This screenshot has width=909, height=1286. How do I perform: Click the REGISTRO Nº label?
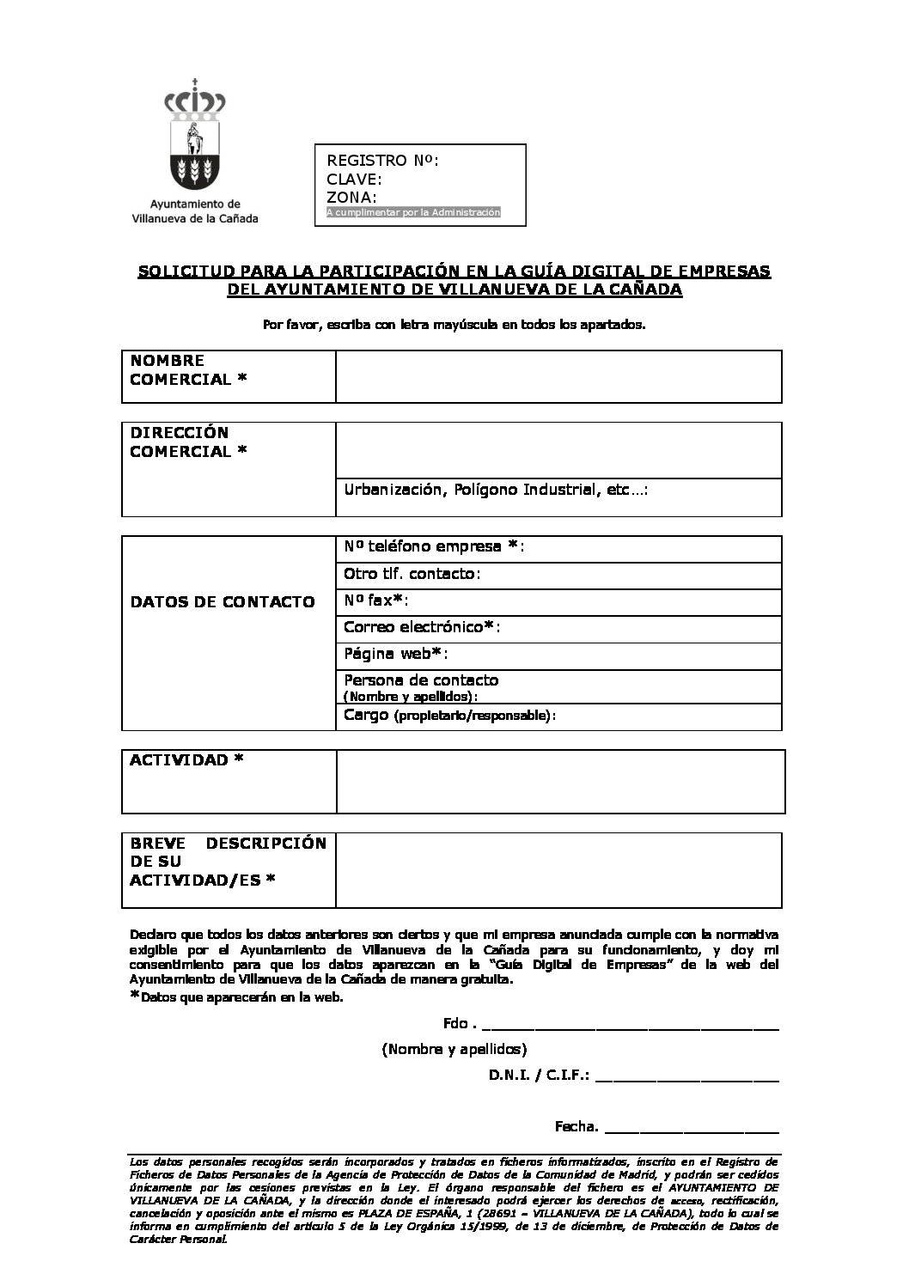pyautogui.click(x=382, y=161)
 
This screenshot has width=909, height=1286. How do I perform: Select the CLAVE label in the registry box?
pyautogui.click(x=355, y=180)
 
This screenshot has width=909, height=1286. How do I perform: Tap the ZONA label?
pyautogui.click(x=352, y=198)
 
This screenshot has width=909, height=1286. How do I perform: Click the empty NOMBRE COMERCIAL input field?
pyautogui.click(x=558, y=376)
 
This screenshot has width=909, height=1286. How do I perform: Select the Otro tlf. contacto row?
pyautogui.click(x=558, y=574)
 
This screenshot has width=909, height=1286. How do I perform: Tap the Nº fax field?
pyautogui.click(x=558, y=601)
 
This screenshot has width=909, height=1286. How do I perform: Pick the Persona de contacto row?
pyautogui.click(x=558, y=686)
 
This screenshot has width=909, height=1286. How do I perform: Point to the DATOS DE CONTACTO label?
pyautogui.click(x=223, y=602)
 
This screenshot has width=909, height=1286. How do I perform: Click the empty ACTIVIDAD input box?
pyautogui.click(x=560, y=781)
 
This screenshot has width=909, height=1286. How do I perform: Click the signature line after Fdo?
pyautogui.click(x=631, y=1024)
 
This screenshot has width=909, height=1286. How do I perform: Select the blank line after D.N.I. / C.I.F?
pyautogui.click(x=686, y=1076)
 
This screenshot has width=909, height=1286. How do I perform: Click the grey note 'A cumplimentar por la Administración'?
pyautogui.click(x=413, y=212)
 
